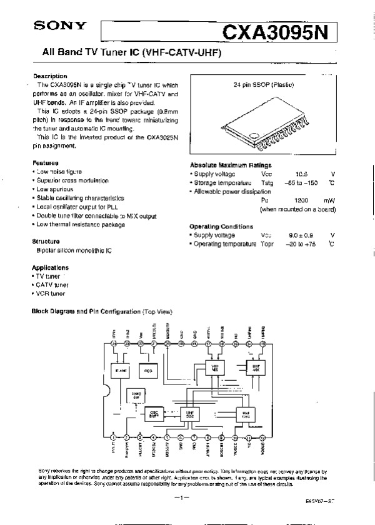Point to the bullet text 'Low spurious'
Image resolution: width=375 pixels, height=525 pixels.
click(x=59, y=189)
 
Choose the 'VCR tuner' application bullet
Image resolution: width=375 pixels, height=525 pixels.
click(x=51, y=293)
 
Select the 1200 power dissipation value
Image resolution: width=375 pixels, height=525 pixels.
click(x=301, y=200)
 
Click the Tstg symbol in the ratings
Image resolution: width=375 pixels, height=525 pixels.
click(x=267, y=182)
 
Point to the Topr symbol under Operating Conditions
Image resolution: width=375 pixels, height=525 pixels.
click(x=267, y=243)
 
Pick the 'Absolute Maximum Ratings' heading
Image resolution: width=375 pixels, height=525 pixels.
click(x=231, y=165)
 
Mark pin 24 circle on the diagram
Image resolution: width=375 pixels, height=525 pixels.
click(x=113, y=344)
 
